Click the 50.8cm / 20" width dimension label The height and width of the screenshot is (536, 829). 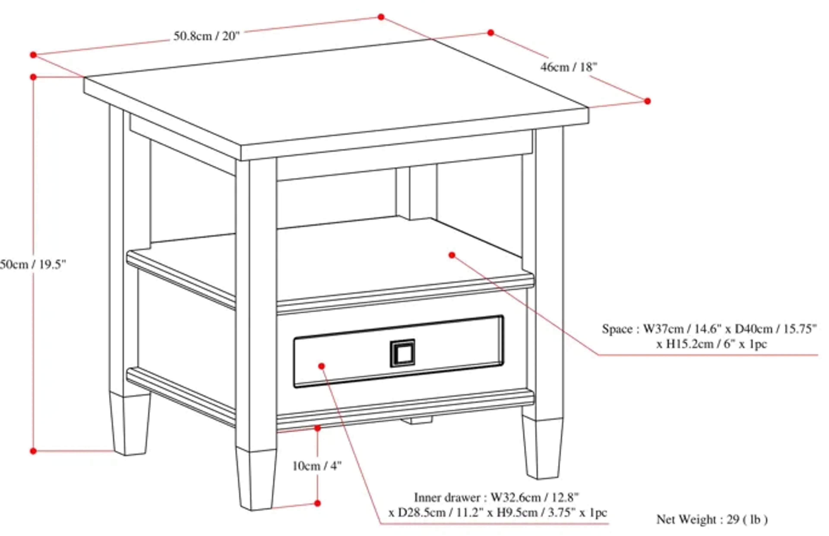(x=207, y=36)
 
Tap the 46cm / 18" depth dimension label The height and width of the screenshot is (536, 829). (x=568, y=67)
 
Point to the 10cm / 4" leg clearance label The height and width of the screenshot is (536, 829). (x=317, y=466)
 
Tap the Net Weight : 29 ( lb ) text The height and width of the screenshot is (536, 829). (x=712, y=519)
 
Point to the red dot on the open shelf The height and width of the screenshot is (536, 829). (x=452, y=255)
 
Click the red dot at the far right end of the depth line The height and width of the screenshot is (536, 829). (x=647, y=101)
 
